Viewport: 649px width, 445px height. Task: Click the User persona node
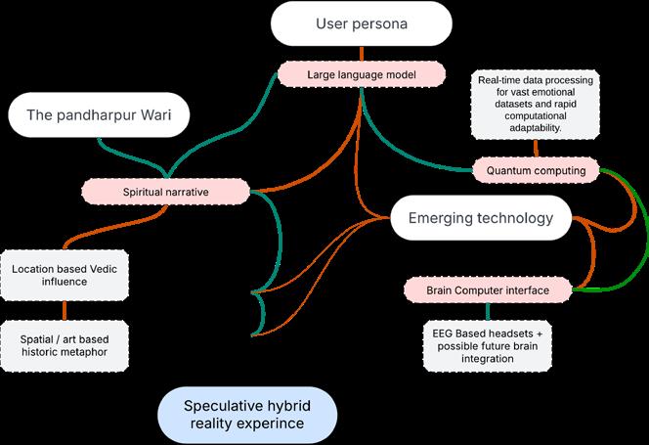(x=362, y=22)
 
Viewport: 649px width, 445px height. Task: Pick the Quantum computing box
(x=536, y=170)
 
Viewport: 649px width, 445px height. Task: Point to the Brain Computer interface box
(x=488, y=290)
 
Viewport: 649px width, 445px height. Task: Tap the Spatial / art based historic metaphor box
(x=64, y=343)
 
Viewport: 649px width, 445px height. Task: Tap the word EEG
(x=444, y=333)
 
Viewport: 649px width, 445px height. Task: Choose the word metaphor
(x=95, y=351)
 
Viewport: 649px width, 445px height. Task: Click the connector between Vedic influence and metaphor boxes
(x=65, y=309)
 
